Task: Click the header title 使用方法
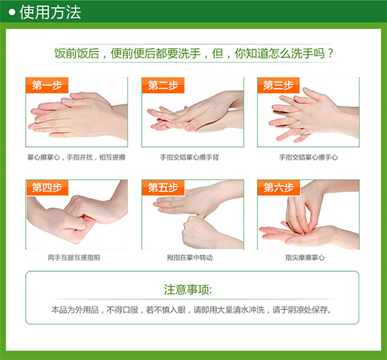coord(50,12)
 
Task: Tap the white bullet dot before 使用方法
coord(12,12)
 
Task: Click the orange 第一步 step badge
coord(47,86)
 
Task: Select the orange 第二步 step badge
coord(163,86)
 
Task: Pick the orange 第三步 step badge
coord(279,86)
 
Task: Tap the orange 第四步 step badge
coord(47,188)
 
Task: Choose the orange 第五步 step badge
coord(163,188)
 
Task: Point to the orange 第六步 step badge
coord(279,188)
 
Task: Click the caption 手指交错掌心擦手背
coord(189,157)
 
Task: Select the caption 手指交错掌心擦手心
coord(308,157)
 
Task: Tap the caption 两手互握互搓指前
coord(74,257)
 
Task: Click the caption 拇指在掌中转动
coord(189,257)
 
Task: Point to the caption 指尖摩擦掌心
coord(305,257)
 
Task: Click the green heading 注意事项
coord(188,289)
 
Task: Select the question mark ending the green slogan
coord(330,53)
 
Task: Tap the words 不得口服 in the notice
coord(122,309)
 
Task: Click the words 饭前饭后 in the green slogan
coord(76,53)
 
